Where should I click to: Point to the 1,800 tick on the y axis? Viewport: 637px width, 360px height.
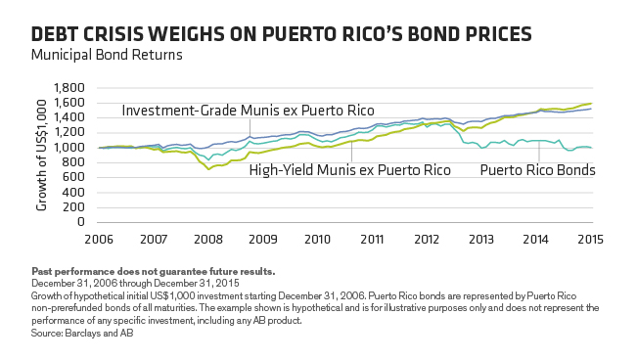point(73,88)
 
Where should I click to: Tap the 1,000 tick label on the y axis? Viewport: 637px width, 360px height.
point(73,148)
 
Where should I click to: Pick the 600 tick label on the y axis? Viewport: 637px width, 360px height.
point(78,177)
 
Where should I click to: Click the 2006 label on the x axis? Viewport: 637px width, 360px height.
point(98,239)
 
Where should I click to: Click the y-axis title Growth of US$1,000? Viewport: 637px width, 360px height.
point(40,155)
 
